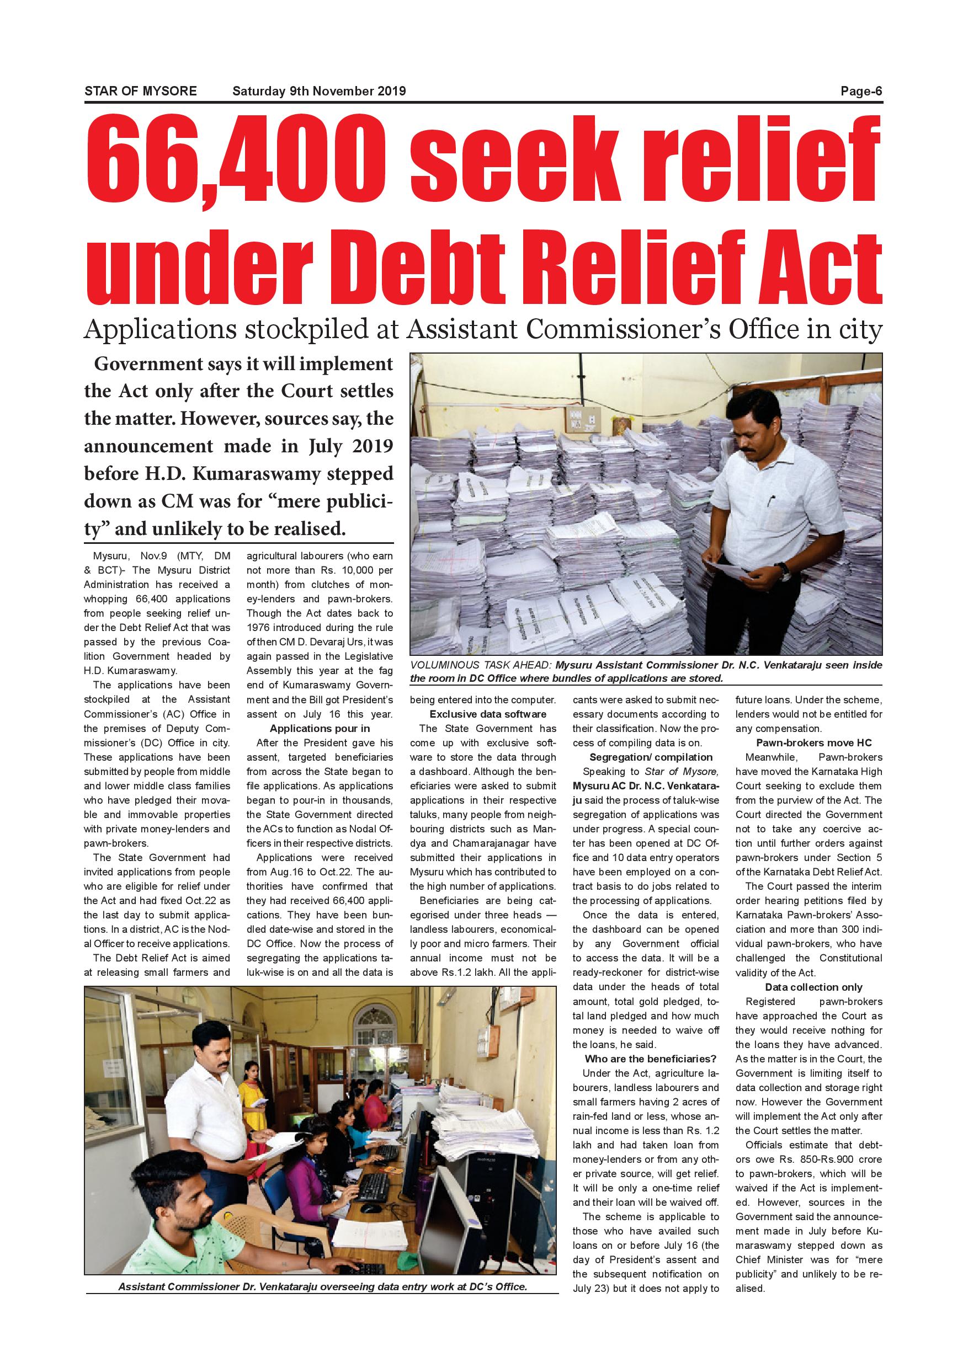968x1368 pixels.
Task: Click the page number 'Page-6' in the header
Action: point(861,91)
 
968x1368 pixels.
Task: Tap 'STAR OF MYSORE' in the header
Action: point(140,91)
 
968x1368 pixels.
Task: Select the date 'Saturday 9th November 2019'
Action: point(319,91)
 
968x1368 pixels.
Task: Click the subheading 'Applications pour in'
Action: point(320,728)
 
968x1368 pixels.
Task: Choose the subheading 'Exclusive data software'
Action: point(487,714)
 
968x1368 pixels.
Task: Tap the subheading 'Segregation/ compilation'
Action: point(650,757)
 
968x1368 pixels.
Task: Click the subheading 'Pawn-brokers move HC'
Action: point(813,742)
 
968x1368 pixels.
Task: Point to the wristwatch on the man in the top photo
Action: point(785,572)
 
